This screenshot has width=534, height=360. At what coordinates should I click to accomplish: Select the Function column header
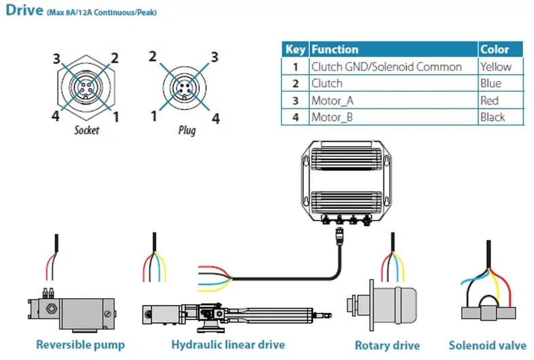(x=334, y=50)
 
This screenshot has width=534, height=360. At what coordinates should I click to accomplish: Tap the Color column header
(x=494, y=50)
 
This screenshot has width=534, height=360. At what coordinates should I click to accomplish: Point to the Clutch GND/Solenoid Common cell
(x=386, y=67)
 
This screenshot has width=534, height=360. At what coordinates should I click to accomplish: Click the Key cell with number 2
(x=295, y=84)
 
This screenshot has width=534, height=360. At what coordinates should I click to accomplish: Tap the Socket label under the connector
(x=86, y=129)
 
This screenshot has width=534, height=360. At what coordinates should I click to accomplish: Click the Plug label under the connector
(x=186, y=129)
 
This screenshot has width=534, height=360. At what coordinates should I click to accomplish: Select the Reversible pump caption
(x=80, y=344)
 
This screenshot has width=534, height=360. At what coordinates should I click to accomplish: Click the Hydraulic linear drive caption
(x=228, y=344)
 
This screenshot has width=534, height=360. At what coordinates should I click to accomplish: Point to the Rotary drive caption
(x=387, y=345)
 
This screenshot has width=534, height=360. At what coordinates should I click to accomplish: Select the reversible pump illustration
(x=72, y=307)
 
